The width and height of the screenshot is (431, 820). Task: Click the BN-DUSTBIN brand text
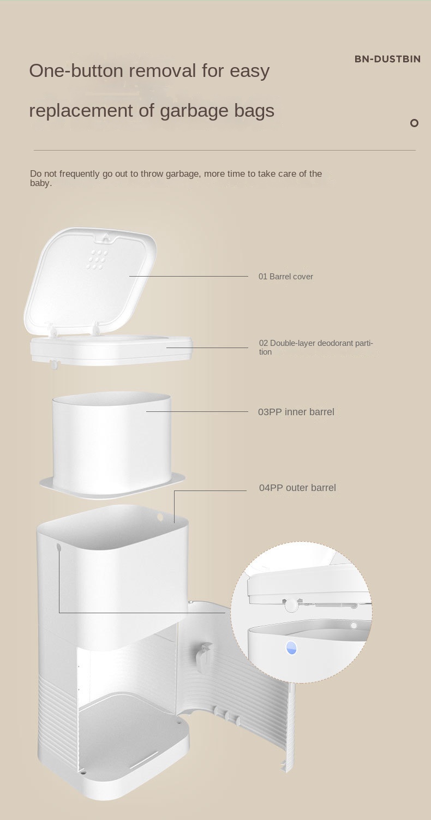tap(387, 59)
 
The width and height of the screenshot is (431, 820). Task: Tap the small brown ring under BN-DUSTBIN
tap(414, 123)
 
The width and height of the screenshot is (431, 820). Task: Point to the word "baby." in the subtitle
tap(41, 183)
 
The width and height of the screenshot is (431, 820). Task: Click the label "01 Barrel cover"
tap(285, 277)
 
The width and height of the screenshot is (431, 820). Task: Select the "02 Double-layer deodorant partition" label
tap(316, 347)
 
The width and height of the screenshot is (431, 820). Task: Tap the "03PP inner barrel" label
tap(296, 412)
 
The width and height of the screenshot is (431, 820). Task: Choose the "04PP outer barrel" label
tap(297, 488)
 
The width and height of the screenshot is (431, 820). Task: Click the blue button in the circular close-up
tap(291, 648)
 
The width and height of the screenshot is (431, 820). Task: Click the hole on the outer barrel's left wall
tap(58, 546)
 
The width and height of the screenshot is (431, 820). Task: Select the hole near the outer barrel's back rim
tap(160, 516)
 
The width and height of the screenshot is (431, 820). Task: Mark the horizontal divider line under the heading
tap(224, 150)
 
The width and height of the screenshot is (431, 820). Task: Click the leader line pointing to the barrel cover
tap(188, 276)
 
